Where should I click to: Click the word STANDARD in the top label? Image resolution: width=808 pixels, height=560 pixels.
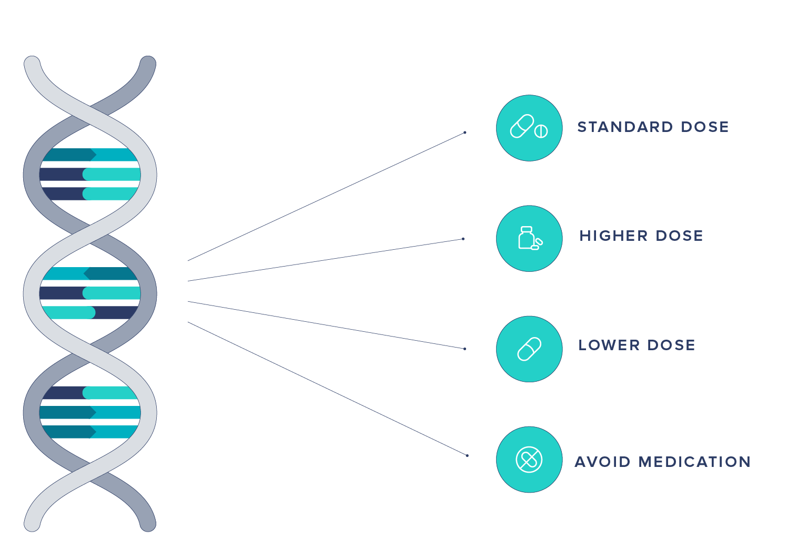click(625, 127)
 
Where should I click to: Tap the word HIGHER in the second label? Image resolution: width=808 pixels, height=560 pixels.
click(613, 236)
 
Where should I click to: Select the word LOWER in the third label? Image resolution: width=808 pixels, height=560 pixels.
click(609, 345)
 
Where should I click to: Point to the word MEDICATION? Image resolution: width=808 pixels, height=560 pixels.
click(694, 462)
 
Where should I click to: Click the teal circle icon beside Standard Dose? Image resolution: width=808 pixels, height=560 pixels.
click(529, 128)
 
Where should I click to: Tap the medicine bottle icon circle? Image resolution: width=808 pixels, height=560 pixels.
click(529, 238)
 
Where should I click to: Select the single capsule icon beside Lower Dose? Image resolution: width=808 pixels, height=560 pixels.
click(529, 349)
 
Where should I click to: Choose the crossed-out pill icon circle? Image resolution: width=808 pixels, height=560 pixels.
click(529, 460)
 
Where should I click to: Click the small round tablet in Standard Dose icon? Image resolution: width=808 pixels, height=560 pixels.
click(541, 131)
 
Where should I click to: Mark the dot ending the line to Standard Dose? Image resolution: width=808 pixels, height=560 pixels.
click(465, 133)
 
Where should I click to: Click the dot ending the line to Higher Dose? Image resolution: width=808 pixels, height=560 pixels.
click(463, 239)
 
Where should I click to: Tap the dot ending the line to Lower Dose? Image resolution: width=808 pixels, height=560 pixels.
click(465, 349)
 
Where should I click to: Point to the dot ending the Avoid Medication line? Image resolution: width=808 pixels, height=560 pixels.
click(467, 455)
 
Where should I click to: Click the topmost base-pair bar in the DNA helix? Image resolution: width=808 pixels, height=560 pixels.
click(90, 155)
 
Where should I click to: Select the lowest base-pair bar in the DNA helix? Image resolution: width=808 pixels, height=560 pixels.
click(90, 432)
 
